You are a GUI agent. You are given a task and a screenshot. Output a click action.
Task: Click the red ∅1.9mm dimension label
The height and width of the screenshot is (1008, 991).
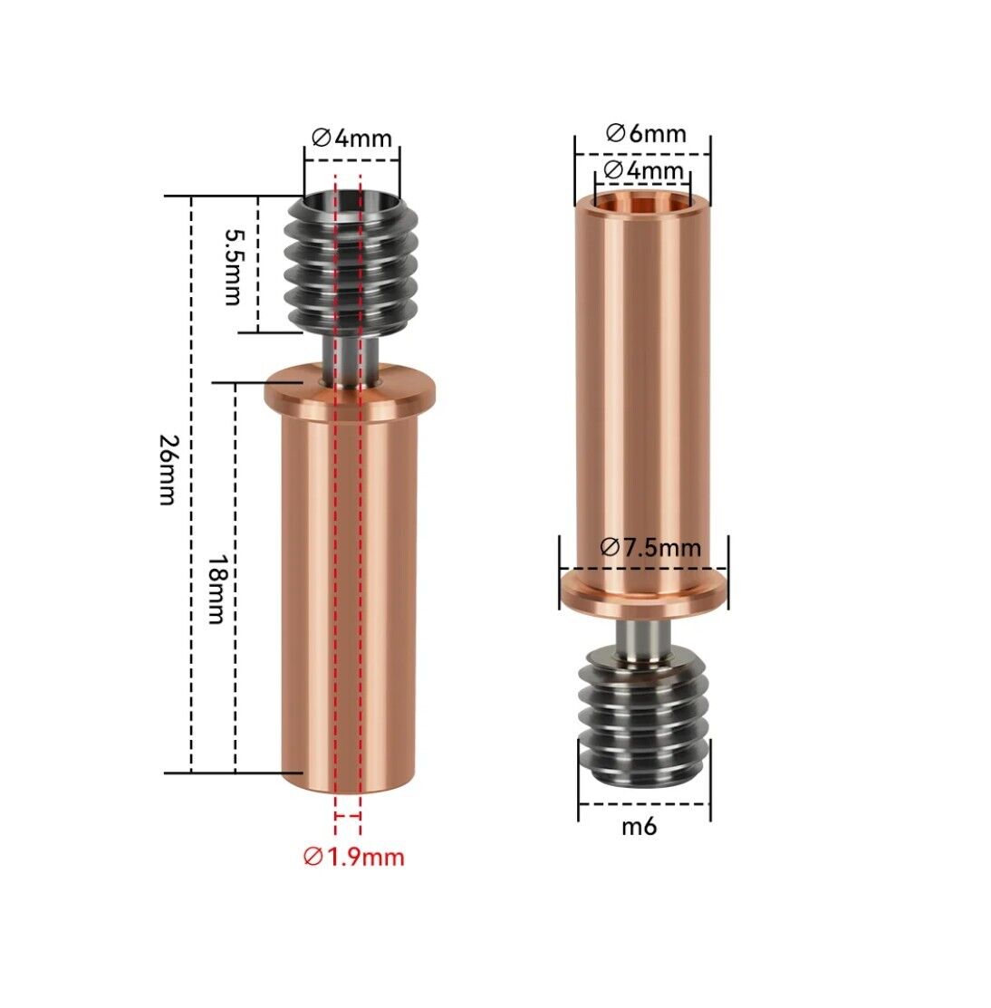click(x=353, y=857)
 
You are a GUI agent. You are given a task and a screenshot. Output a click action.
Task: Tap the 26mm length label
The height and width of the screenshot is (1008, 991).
click(x=168, y=469)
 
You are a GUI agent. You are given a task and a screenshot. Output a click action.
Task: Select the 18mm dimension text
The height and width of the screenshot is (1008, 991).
click(x=216, y=589)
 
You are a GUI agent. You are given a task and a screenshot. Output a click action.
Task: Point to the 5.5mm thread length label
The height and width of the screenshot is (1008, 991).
click(x=232, y=267)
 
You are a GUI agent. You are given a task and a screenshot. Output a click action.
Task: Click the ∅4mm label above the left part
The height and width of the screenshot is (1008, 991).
click(x=351, y=138)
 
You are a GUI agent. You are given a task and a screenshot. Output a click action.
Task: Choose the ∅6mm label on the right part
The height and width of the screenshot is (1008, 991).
click(x=646, y=133)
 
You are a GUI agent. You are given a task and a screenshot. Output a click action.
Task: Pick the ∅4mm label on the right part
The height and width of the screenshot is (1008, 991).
click(x=644, y=170)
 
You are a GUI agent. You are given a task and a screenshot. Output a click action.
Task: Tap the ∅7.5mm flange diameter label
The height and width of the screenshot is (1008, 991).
click(x=650, y=548)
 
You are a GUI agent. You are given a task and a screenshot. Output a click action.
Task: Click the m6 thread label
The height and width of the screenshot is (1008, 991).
click(x=640, y=826)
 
